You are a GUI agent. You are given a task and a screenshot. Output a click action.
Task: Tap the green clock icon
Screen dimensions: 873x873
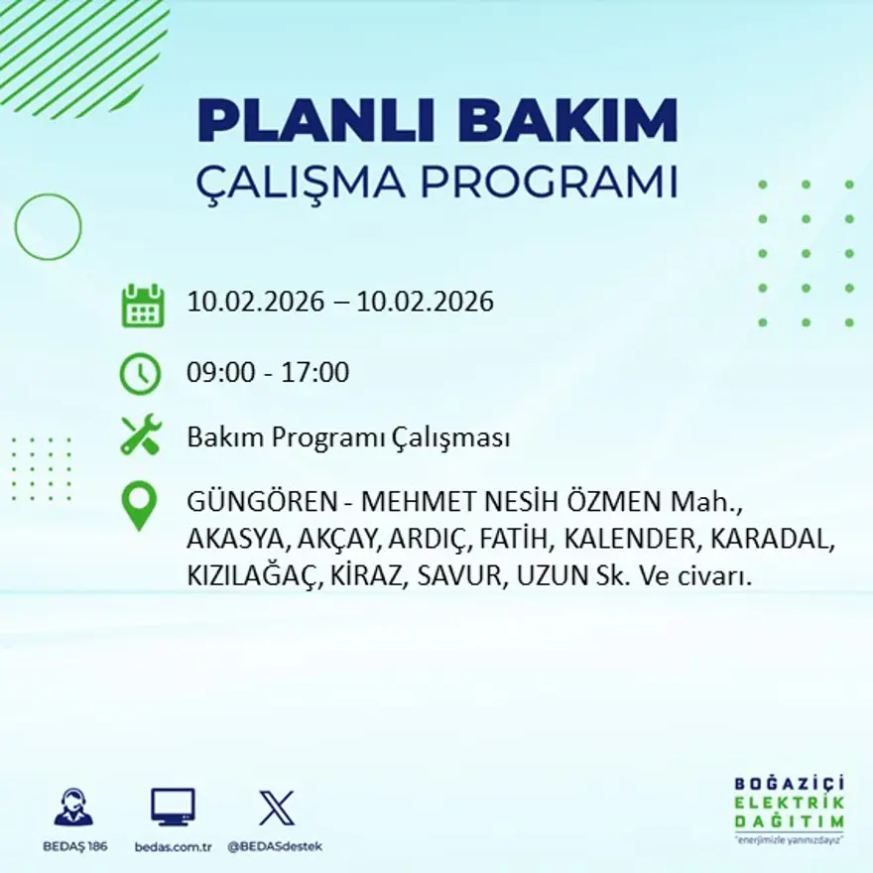point(140,374)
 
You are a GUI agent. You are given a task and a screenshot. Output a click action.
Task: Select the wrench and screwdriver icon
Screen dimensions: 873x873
point(140,436)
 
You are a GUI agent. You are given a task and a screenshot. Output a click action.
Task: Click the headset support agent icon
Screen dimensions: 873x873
point(73,808)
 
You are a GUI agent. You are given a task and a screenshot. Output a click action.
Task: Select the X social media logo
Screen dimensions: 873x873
point(276,808)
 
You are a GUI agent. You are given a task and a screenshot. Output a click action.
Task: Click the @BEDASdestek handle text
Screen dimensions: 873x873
point(275,846)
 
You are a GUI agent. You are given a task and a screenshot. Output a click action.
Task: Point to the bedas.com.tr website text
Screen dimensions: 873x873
point(174,846)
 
